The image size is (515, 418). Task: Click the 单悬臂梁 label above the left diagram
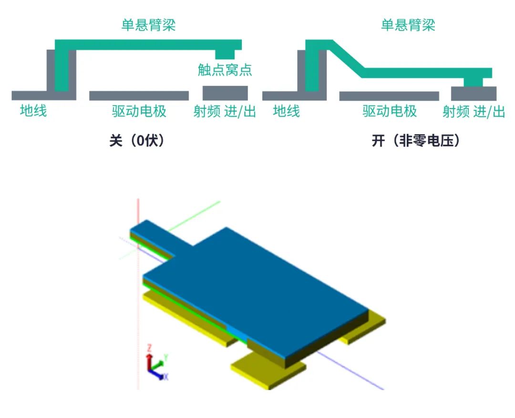(x=148, y=25)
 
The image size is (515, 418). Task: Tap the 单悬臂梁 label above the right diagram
(x=408, y=25)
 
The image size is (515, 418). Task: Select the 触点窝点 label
(x=225, y=71)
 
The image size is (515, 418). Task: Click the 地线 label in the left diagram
(x=33, y=111)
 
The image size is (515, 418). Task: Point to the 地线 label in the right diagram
(x=286, y=111)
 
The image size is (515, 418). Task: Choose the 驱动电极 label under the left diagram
(x=139, y=111)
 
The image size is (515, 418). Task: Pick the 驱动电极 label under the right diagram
(x=390, y=111)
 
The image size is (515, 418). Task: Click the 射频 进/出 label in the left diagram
(x=225, y=111)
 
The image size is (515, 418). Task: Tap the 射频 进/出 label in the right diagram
(x=474, y=111)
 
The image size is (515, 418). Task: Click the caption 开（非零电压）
(x=416, y=141)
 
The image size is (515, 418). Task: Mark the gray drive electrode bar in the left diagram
(x=139, y=96)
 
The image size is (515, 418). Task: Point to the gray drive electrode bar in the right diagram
(x=389, y=96)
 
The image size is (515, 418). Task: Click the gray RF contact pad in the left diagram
(x=225, y=93)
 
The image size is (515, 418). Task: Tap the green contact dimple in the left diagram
(x=225, y=54)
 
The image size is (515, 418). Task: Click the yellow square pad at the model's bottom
(x=267, y=370)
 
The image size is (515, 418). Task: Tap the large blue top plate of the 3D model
(x=257, y=287)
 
